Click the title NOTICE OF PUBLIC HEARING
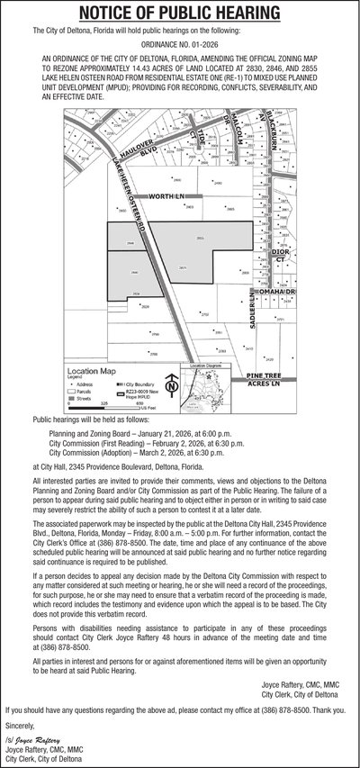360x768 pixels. [180, 13]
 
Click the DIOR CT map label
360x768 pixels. [281, 256]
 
